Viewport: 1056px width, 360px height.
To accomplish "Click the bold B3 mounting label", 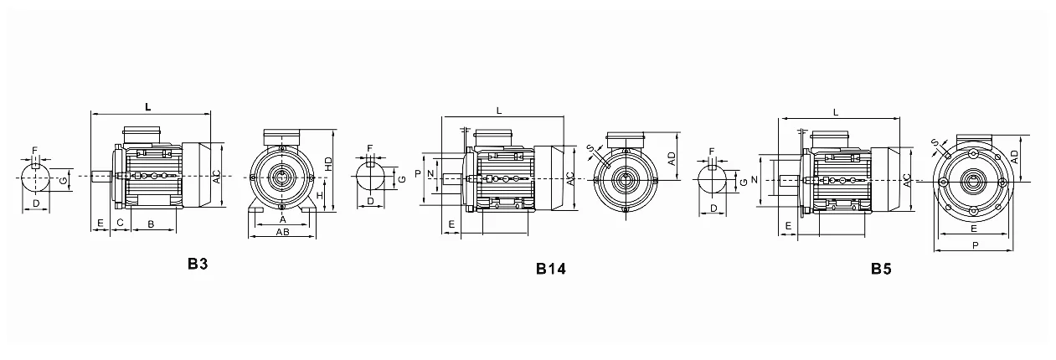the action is (x=198, y=264).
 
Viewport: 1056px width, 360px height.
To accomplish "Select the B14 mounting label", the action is (x=551, y=269).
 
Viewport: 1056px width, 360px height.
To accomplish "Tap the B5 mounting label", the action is (x=881, y=269).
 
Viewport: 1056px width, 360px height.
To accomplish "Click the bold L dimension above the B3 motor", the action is (x=148, y=107).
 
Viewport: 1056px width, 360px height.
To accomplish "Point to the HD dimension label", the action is (x=328, y=163).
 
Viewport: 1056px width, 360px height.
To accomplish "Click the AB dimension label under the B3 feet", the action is (x=282, y=232).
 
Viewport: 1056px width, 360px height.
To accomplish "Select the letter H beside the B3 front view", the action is (x=320, y=196).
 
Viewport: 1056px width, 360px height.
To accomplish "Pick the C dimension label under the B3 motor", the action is (x=121, y=223).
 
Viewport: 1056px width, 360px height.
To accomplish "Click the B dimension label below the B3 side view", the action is (x=151, y=224).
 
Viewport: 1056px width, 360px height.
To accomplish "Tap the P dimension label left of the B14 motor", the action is (x=418, y=174).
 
